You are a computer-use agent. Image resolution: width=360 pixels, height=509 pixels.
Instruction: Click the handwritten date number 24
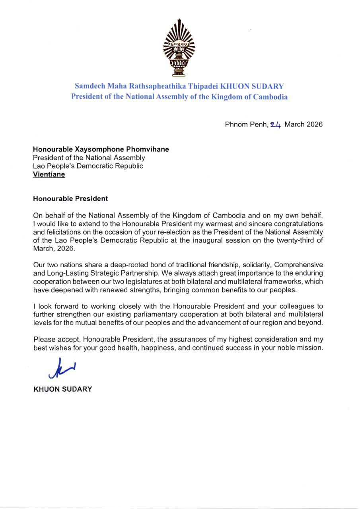pos(276,124)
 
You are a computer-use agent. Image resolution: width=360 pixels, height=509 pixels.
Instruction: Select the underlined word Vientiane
pos(49,175)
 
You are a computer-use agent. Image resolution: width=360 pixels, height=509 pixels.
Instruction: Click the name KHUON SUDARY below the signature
pos(62,389)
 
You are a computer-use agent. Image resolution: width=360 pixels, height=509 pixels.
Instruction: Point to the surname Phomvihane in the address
pos(149,150)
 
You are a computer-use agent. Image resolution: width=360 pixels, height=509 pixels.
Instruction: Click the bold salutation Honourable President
pos(70,198)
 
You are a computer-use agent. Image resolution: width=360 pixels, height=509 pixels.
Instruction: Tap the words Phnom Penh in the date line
pos(246,124)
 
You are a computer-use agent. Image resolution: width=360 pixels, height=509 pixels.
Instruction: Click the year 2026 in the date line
pos(314,124)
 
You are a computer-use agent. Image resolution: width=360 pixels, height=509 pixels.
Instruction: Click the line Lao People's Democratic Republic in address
pos(88,166)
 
